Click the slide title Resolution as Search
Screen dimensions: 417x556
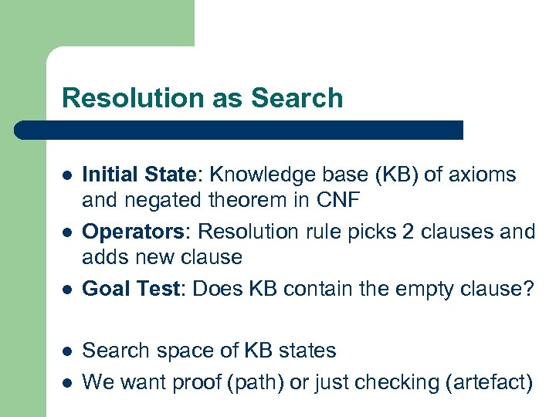[x=202, y=98]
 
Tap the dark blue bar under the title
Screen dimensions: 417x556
[x=239, y=130]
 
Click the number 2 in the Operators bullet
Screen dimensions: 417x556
[x=404, y=231]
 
